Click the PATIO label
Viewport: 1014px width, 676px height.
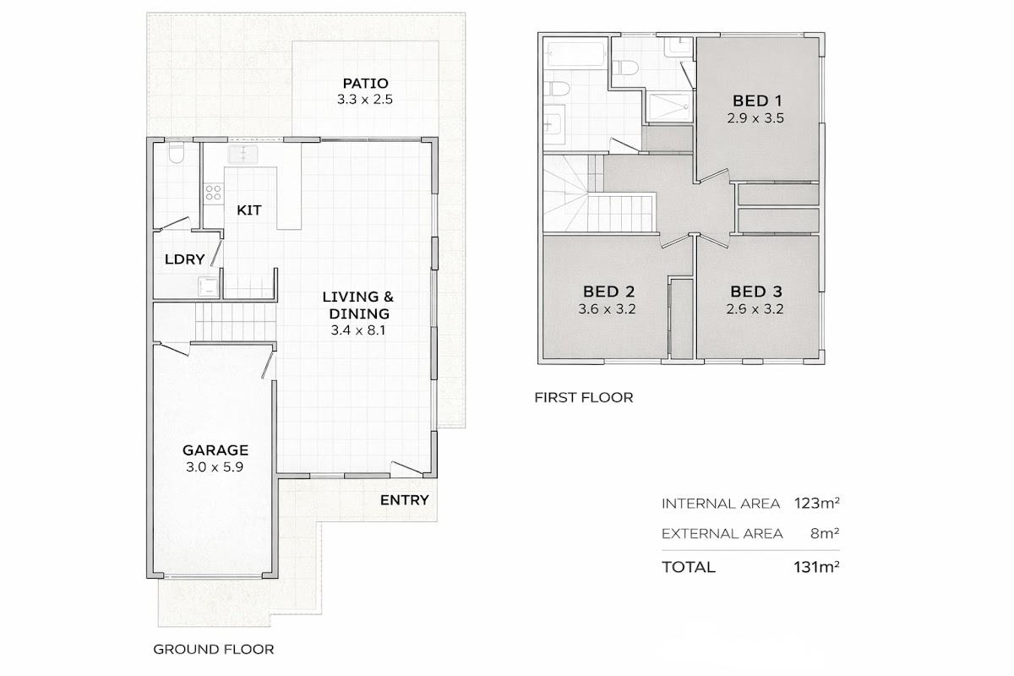[365, 84]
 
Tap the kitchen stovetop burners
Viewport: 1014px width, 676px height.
[213, 193]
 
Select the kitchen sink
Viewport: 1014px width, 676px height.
[243, 154]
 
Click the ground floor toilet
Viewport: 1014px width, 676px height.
[176, 153]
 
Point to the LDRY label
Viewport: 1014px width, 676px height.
[185, 259]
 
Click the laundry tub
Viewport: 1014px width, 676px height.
[208, 286]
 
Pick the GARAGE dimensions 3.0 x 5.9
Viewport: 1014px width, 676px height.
[215, 466]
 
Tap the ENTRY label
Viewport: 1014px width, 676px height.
[404, 500]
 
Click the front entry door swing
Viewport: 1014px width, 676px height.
[406, 469]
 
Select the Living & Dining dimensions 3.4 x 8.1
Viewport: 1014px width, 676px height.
[358, 330]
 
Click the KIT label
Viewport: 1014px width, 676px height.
[249, 210]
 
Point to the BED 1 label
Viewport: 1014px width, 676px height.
[757, 101]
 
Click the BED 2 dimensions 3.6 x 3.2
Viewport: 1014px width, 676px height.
[607, 308]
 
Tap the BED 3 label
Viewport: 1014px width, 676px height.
[756, 292]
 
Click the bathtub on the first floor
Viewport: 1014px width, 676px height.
[575, 55]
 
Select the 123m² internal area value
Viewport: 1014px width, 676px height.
[816, 503]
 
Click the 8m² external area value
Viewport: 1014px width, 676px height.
[825, 533]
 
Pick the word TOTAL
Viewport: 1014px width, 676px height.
[689, 567]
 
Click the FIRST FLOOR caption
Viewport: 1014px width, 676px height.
[584, 397]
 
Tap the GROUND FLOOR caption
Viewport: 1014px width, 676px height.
[214, 649]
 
